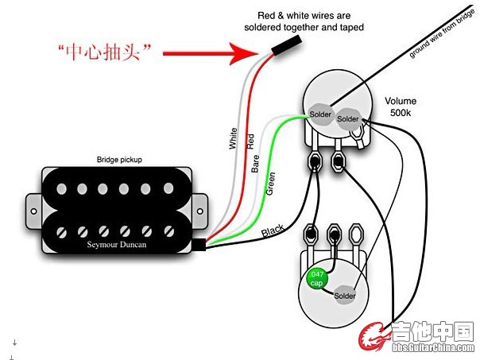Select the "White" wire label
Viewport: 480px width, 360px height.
[233, 139]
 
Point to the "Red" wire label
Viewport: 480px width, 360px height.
[251, 143]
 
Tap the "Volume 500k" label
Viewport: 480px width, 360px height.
[401, 107]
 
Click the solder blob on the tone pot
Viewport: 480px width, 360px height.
[345, 296]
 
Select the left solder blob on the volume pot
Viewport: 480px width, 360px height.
[320, 114]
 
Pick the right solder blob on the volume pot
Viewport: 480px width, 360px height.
[347, 118]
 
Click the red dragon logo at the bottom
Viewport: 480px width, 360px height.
[374, 338]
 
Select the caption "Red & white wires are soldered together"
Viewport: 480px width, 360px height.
[304, 21]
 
